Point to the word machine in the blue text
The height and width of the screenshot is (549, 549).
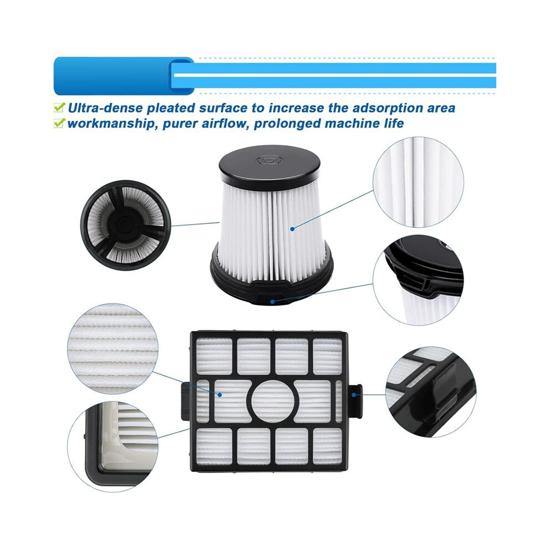[x=351, y=124]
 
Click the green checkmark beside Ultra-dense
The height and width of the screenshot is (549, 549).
[x=59, y=107]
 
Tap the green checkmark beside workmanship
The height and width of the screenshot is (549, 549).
[x=59, y=123]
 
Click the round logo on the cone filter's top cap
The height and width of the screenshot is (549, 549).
[x=268, y=161]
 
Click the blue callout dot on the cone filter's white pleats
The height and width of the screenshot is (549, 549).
[x=292, y=228]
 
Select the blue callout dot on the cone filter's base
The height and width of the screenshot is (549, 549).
[x=272, y=302]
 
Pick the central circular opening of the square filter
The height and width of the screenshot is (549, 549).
[x=274, y=401]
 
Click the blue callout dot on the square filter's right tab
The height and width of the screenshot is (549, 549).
[x=354, y=395]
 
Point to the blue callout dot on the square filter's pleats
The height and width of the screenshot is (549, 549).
[x=220, y=395]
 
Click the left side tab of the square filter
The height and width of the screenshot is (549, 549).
[x=186, y=401]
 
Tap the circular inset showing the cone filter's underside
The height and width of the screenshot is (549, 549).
[x=126, y=225]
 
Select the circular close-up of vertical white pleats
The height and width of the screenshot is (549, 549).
[x=418, y=182]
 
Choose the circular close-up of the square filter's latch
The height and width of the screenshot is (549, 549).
[x=431, y=392]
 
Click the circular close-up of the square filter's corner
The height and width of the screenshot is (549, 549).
[x=113, y=446]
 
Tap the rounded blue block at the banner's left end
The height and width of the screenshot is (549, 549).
[x=123, y=76]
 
